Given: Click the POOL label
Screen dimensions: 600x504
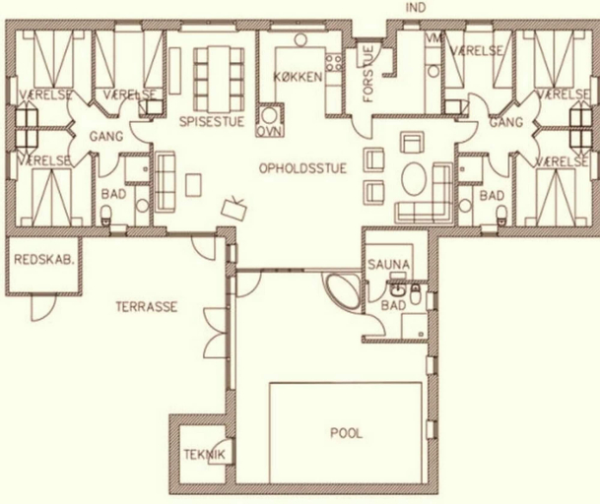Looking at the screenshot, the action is tap(346, 433).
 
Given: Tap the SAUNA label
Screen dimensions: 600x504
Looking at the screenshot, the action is tap(388, 264).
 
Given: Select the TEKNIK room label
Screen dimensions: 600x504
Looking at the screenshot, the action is tap(204, 455).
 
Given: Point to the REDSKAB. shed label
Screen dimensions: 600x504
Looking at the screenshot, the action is tap(44, 260).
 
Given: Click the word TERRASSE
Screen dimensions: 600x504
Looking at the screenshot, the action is tap(147, 307).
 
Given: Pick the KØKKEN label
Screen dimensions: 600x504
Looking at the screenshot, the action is tap(299, 77).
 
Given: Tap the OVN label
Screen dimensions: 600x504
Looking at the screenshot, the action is tap(270, 131).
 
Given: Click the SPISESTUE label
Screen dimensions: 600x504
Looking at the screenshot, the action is tap(212, 122).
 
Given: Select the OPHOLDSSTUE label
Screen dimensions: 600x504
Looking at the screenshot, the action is tap(302, 168).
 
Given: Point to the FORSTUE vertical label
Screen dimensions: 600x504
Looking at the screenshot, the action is tap(368, 74).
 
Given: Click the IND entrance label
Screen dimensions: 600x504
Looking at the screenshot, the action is tap(415, 8).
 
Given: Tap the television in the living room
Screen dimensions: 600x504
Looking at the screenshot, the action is tap(233, 208).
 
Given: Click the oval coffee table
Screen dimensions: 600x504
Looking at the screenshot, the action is tap(414, 179).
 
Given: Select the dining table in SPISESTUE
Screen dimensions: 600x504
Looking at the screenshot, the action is tap(219, 78).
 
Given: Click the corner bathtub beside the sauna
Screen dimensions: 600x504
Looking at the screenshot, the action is tap(343, 290).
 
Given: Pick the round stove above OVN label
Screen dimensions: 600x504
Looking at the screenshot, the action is tap(270, 115).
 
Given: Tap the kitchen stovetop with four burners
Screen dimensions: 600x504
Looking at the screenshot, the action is tap(334, 62).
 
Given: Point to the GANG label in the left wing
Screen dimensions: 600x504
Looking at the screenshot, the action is tap(106, 136).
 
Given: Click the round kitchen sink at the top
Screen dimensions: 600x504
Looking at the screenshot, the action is tap(300, 39).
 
